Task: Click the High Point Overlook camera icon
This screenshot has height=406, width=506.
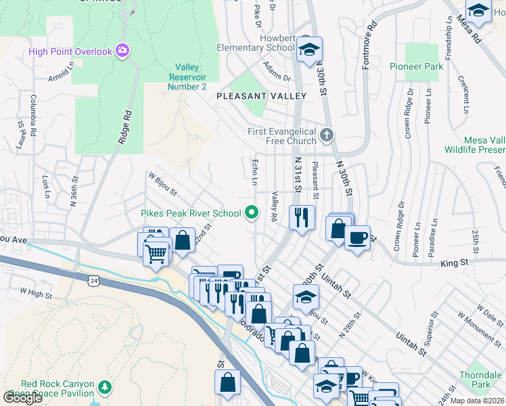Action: [x=122, y=51]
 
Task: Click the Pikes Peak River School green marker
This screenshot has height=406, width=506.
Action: [x=252, y=213]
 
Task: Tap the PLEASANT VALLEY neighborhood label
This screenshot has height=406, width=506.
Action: [x=261, y=97]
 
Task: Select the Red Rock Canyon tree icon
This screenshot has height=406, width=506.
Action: [x=104, y=387]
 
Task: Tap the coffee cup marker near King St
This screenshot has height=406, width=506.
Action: [x=357, y=238]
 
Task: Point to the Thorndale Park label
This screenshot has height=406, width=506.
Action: [x=480, y=379]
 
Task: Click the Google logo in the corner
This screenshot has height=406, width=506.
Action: [x=22, y=397]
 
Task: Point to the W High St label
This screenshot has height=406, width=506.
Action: [x=36, y=293]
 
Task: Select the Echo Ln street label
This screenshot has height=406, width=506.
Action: [x=255, y=172]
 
